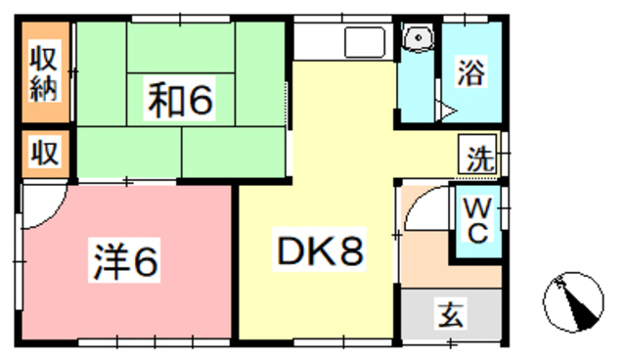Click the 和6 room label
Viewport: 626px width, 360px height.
182,99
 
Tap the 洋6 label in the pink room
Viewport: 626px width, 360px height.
128,260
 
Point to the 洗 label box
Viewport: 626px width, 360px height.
478,157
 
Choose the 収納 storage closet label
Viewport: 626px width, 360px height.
45,73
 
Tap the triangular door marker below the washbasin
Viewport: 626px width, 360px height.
444,109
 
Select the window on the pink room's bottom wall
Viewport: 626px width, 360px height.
127,341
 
